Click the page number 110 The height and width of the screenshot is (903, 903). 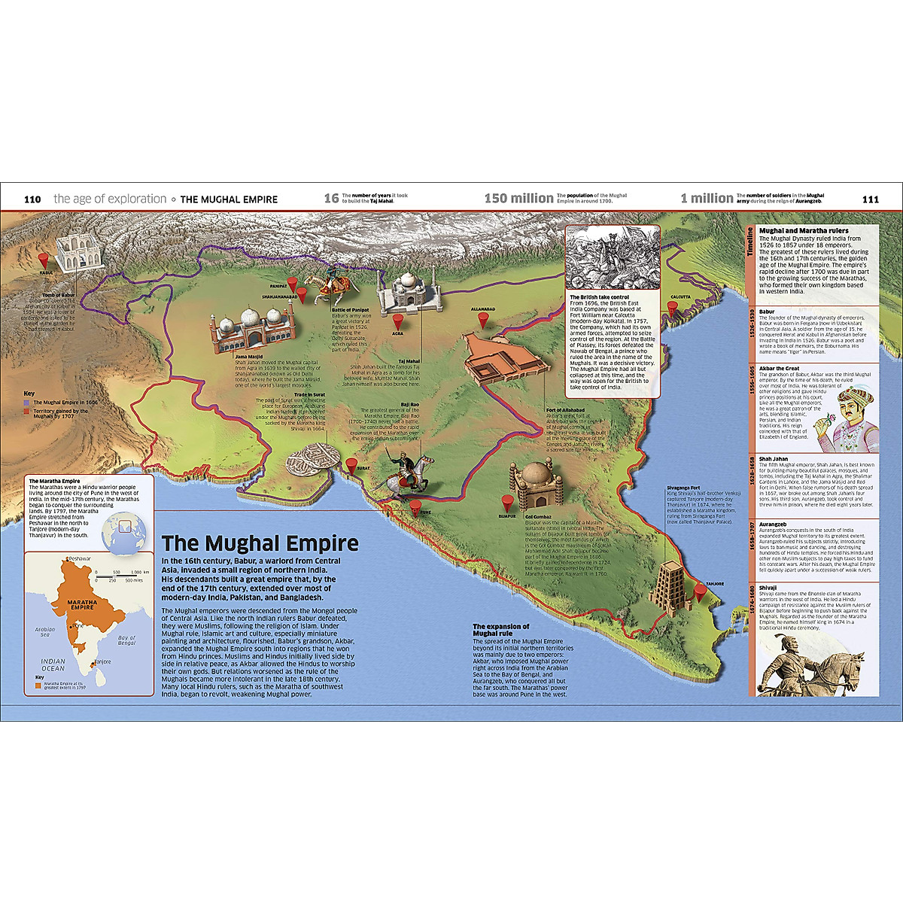point(32,199)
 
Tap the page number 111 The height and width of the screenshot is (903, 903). point(870,199)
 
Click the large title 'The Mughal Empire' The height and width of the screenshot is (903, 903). point(260,543)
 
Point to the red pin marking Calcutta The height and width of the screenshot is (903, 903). point(672,309)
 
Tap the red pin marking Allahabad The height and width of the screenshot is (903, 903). point(483,320)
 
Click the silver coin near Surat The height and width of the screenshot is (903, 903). point(312,456)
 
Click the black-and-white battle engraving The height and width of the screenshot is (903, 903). point(612,258)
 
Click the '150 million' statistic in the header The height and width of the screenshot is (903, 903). point(518,199)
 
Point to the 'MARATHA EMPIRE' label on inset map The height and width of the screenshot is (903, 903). point(82,604)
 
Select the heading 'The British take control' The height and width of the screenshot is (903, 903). point(599,297)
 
